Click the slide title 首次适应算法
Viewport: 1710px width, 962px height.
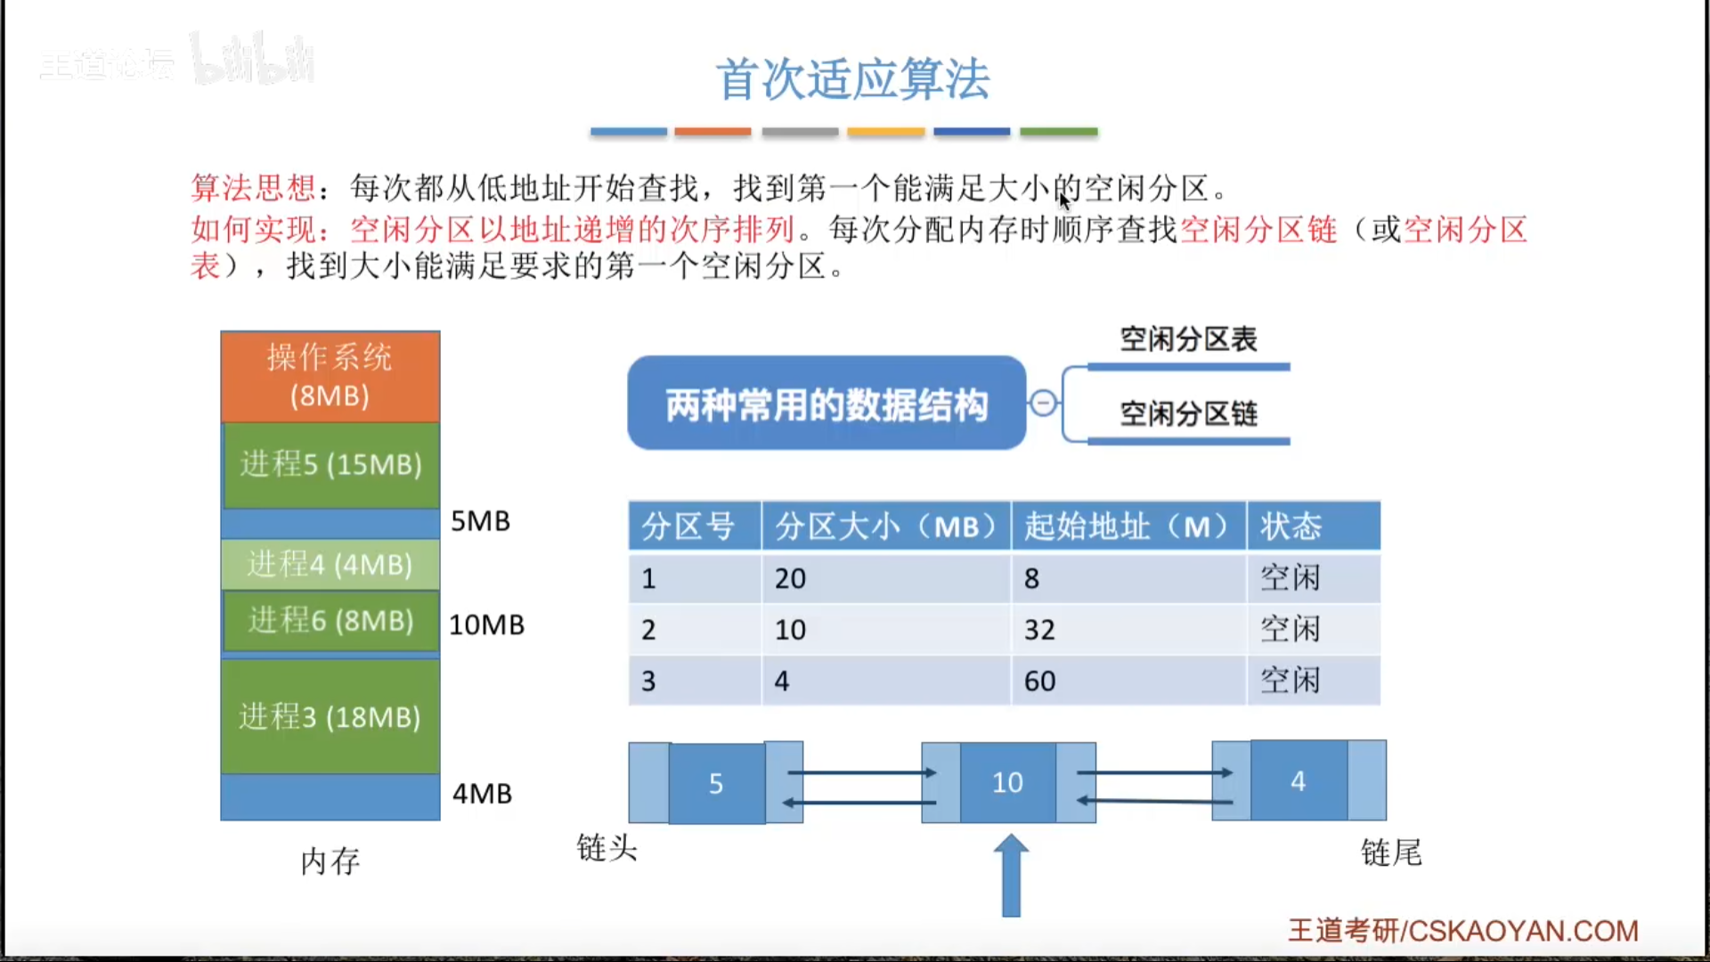852,79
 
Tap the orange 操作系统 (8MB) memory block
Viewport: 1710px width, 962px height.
330,376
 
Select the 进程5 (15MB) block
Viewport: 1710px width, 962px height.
330,465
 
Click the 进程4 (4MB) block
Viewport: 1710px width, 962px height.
330,565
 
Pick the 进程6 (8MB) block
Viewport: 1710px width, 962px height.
330,621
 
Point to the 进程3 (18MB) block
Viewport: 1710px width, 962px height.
330,716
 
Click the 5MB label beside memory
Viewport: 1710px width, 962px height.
481,521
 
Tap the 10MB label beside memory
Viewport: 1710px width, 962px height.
487,625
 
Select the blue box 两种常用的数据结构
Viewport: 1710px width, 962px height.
826,404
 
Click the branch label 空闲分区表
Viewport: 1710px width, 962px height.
1188,339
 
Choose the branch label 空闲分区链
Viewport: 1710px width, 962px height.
1188,414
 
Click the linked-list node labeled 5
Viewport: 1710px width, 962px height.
716,783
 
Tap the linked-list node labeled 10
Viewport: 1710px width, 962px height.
1008,782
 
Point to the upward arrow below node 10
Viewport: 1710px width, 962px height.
1011,876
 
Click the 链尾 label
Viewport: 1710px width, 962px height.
1391,853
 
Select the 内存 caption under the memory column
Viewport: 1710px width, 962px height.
330,861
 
